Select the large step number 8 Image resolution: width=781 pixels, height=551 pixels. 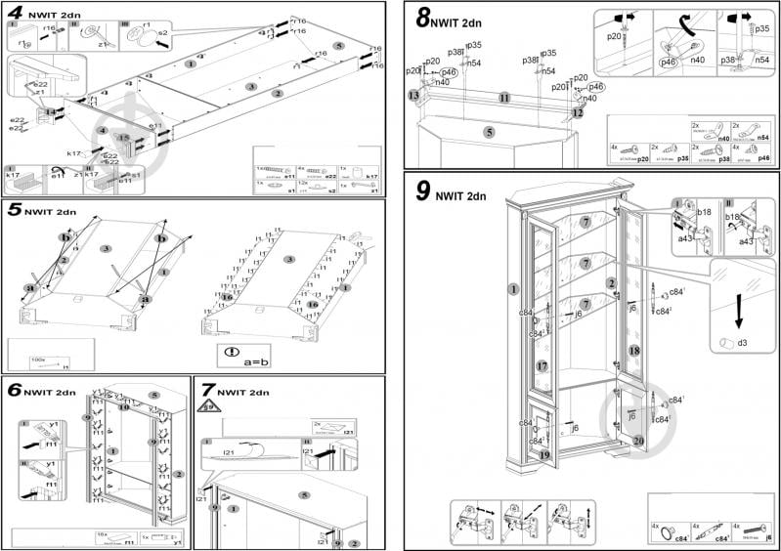pos(423,17)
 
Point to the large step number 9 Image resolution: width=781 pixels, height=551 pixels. pos(422,191)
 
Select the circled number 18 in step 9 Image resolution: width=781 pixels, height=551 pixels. pos(633,351)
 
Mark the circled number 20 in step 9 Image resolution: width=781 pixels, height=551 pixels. pos(637,441)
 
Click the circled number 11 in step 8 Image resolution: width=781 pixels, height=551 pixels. pos(503,99)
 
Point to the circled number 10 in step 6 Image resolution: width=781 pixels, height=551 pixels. pos(124,406)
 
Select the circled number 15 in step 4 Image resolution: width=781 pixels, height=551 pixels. pos(123,138)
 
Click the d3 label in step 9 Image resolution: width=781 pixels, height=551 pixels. pos(742,343)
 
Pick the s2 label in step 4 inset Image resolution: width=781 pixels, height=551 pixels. pos(163,32)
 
